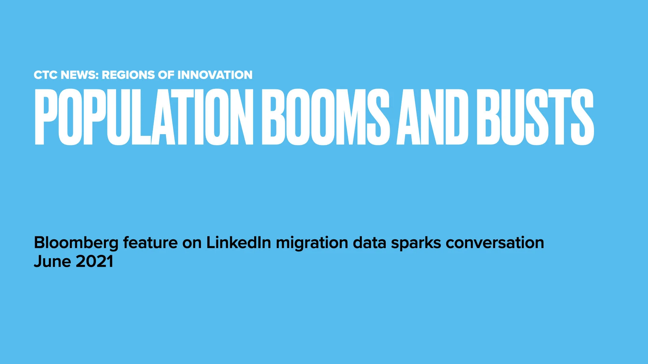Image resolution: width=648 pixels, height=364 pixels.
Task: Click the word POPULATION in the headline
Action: (144, 117)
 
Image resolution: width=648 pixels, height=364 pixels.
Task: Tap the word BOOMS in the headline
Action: (326, 117)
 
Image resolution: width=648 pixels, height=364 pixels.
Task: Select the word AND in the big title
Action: (432, 117)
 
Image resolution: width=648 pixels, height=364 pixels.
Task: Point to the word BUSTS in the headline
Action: (535, 117)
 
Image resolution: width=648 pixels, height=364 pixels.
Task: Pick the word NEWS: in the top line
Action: (80, 75)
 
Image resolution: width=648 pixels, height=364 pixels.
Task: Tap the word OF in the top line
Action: (166, 75)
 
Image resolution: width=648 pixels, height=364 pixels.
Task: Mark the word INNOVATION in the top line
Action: (215, 75)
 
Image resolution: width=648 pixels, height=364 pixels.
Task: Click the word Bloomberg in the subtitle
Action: (76, 243)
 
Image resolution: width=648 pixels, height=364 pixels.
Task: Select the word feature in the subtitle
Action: (150, 243)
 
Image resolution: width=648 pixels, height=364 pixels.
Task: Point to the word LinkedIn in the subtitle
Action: (239, 243)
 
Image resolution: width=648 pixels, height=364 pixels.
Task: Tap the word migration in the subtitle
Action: (312, 243)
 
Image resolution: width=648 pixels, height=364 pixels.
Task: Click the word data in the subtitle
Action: (369, 243)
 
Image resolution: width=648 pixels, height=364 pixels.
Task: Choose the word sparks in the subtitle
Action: (416, 243)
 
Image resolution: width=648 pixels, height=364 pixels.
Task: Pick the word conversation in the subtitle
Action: (495, 243)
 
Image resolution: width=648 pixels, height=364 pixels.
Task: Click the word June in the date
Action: (52, 262)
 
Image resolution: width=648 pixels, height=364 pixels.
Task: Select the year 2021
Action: (94, 262)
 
